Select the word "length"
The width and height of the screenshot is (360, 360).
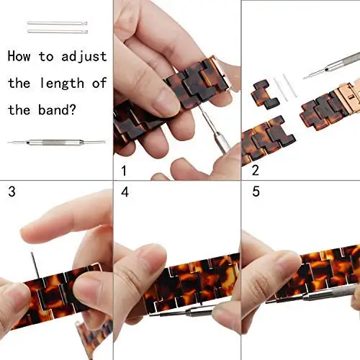click(x=68, y=83)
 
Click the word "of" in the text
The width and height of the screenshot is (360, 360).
click(x=99, y=83)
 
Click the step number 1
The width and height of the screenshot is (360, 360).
click(x=123, y=172)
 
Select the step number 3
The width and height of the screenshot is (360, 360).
click(x=11, y=192)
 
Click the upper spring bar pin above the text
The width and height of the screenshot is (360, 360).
click(x=58, y=24)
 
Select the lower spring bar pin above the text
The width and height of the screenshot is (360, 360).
click(x=58, y=31)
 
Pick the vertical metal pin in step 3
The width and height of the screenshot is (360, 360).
click(x=32, y=263)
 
